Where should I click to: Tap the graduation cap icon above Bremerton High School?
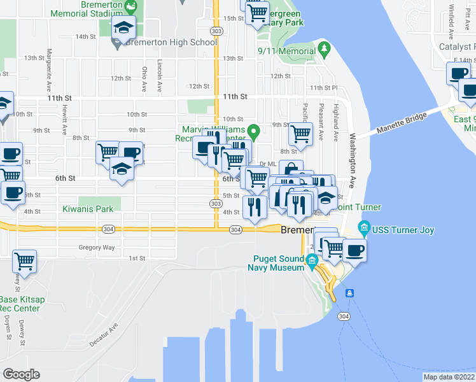[124, 27]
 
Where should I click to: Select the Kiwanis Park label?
[87, 208]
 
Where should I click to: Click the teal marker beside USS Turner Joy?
[364, 227]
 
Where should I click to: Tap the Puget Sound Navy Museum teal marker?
[312, 260]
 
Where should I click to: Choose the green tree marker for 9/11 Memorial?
[324, 48]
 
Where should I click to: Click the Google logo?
[21, 374]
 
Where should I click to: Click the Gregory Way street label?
[97, 247]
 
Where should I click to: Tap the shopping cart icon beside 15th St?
[257, 13]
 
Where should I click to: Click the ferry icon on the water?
[349, 294]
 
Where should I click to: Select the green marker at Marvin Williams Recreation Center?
[254, 133]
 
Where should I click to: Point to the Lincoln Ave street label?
[160, 74]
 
